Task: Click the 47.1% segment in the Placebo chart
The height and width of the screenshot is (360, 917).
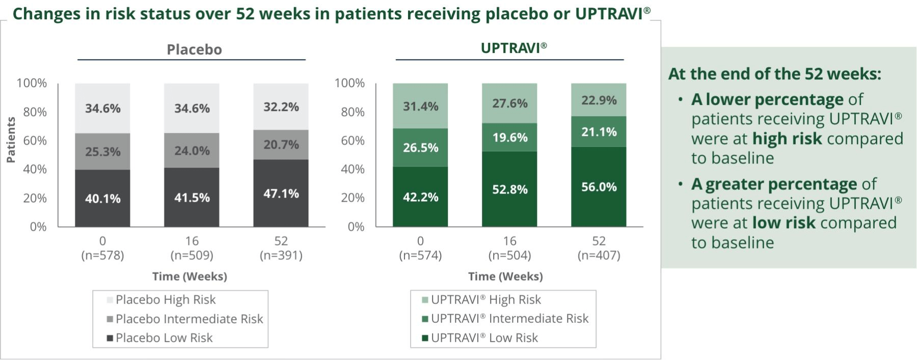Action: pyautogui.click(x=281, y=193)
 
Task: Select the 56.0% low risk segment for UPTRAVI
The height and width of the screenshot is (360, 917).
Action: pyautogui.click(x=599, y=187)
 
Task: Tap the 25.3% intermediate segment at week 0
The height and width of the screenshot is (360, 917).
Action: pyautogui.click(x=102, y=151)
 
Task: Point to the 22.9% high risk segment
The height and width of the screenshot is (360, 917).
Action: pyautogui.click(x=599, y=100)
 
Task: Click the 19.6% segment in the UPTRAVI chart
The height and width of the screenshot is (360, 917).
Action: pyautogui.click(x=509, y=137)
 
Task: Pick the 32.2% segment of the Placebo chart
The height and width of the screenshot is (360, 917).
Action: pyautogui.click(x=281, y=107)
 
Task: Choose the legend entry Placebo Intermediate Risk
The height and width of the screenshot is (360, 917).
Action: pyautogui.click(x=189, y=319)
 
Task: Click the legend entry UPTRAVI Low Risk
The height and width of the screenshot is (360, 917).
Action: pyautogui.click(x=484, y=338)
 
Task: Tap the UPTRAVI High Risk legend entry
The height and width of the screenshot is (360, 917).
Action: pyautogui.click(x=486, y=299)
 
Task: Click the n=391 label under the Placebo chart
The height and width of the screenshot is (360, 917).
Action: pyautogui.click(x=281, y=255)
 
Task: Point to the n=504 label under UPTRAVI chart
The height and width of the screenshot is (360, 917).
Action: pyautogui.click(x=509, y=255)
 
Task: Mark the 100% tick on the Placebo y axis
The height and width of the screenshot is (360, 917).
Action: pyautogui.click(x=32, y=83)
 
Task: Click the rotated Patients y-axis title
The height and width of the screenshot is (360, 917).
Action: pyautogui.click(x=11, y=140)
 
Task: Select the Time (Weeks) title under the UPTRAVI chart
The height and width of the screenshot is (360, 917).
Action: pyautogui.click(x=505, y=276)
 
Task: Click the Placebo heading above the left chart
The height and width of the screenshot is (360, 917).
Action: pyautogui.click(x=194, y=49)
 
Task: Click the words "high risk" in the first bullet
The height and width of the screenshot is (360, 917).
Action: pyautogui.click(x=787, y=139)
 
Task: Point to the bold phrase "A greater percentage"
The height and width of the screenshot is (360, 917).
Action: pyautogui.click(x=774, y=184)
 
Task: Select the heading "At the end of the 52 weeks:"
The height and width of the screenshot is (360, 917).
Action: pyautogui.click(x=774, y=74)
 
